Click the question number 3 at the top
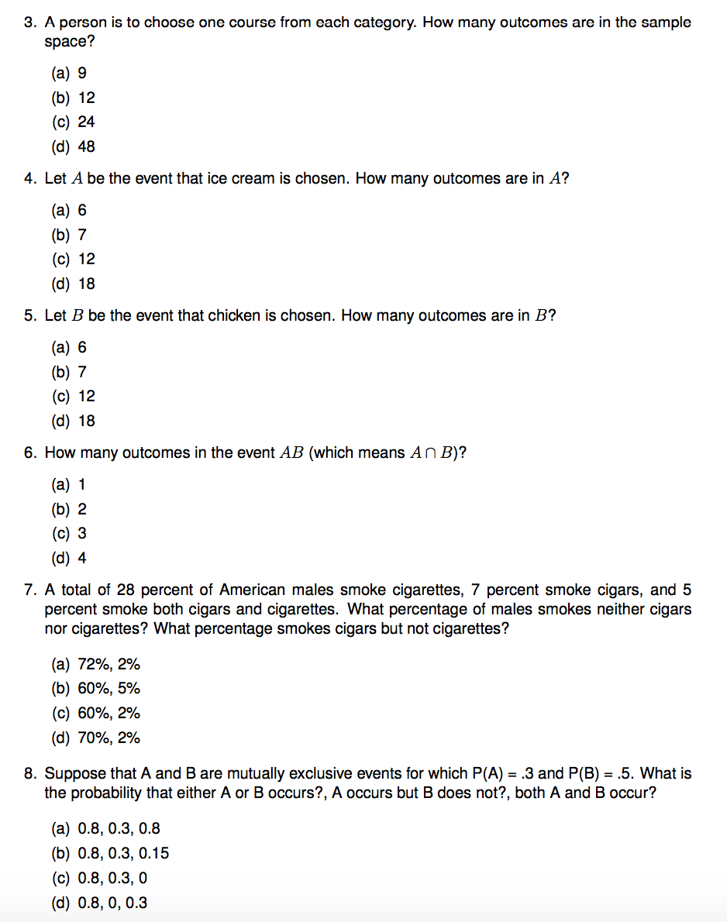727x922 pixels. (29, 22)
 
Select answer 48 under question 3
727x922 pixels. (86, 146)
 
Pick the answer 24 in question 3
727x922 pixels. (86, 122)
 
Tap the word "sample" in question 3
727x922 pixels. (666, 22)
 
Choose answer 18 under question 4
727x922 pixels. (86, 284)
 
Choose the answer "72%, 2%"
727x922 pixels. (109, 664)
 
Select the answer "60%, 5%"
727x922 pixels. (109, 689)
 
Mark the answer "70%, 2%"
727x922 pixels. (109, 738)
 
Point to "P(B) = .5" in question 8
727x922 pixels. (600, 773)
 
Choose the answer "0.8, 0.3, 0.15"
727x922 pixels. (123, 853)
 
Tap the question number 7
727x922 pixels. (29, 590)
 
